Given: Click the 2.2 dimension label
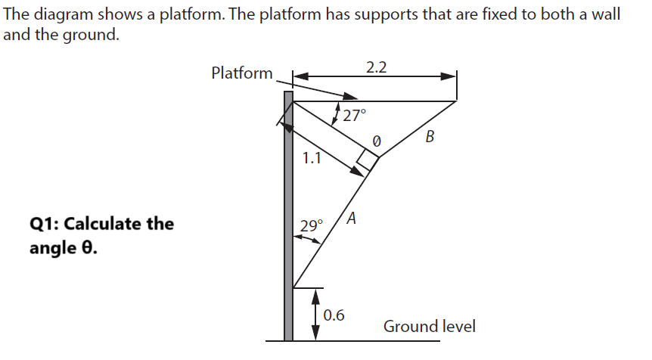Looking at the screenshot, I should click(x=376, y=67).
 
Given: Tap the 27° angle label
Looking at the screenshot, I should click(x=353, y=116).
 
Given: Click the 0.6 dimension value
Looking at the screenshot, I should click(x=334, y=315).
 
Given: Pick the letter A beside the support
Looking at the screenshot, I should click(x=352, y=220).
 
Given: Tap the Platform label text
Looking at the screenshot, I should click(x=242, y=73).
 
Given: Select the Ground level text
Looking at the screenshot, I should click(x=430, y=327).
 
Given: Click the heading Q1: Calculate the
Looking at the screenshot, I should click(x=101, y=224).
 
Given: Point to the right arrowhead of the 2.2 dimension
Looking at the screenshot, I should click(x=451, y=76).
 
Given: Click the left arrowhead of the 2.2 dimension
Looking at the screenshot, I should click(x=298, y=76).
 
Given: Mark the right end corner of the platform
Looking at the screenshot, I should click(x=456, y=101).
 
